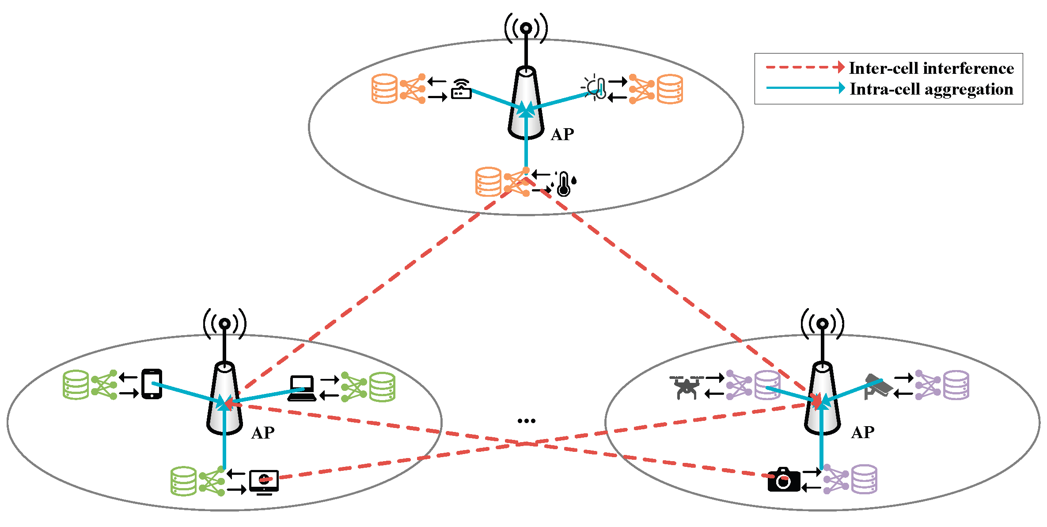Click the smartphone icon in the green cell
(152, 384)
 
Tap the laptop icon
(302, 389)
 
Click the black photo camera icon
(784, 480)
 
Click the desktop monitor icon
(264, 482)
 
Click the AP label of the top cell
(562, 134)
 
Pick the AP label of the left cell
(263, 433)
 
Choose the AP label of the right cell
(862, 432)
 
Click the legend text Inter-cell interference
(931, 69)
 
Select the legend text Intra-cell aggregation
(931, 89)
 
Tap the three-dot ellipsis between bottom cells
(526, 421)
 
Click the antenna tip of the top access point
(526, 28)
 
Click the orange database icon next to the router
(384, 88)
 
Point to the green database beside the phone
(76, 385)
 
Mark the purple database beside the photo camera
(864, 479)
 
